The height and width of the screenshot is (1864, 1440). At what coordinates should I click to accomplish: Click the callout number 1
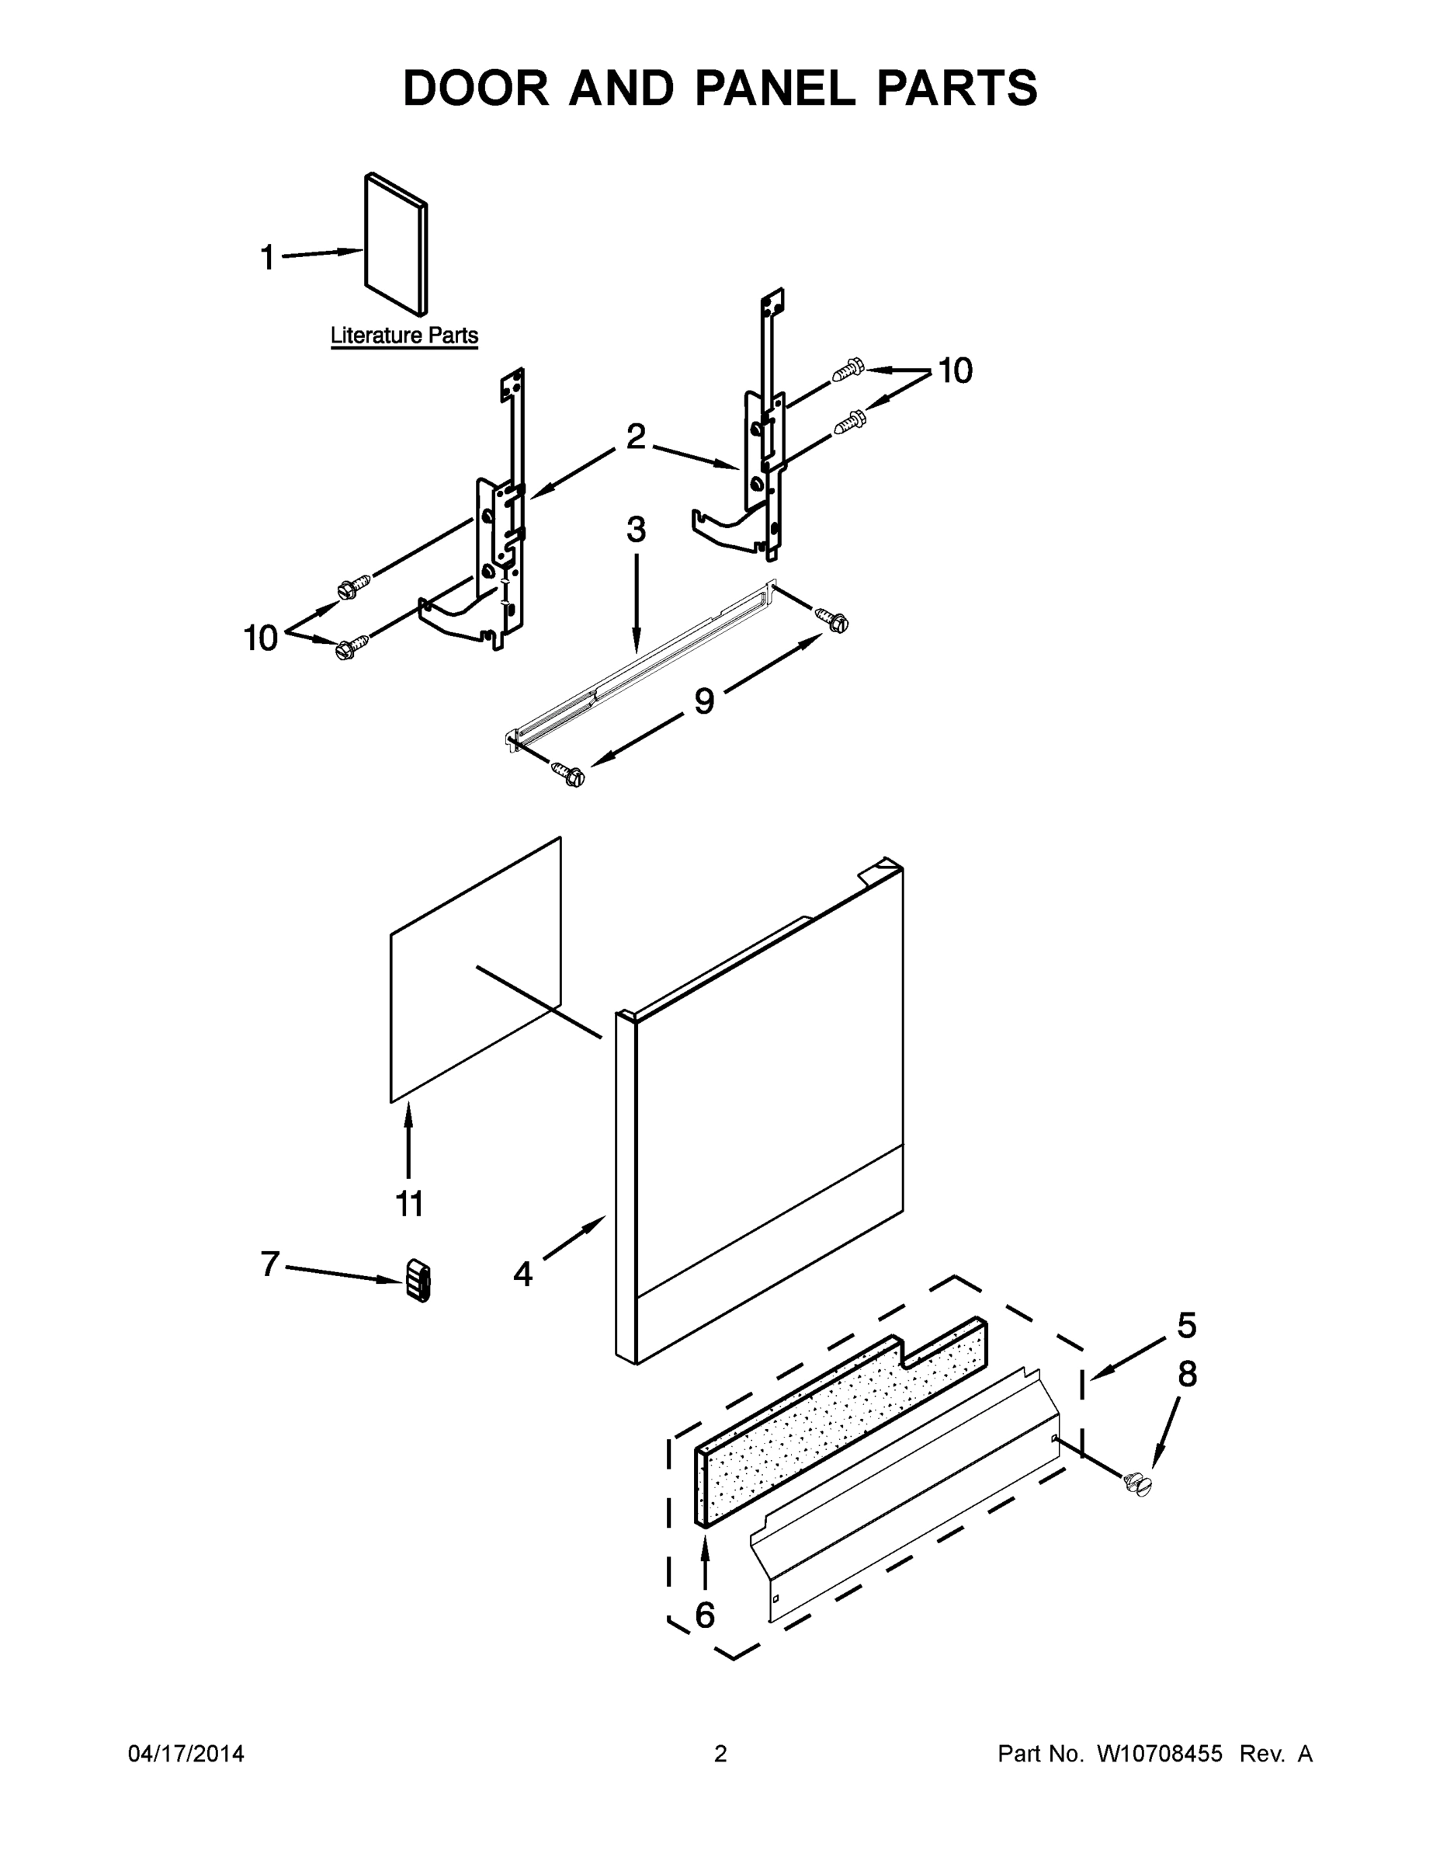pyautogui.click(x=267, y=257)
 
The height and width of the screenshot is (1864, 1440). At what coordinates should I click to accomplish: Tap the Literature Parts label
pyautogui.click(x=404, y=336)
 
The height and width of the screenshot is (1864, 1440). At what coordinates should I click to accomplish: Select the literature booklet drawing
pyautogui.click(x=396, y=245)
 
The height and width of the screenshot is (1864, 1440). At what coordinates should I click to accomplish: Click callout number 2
pyautogui.click(x=636, y=437)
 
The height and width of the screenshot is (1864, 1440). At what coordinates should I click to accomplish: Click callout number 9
pyautogui.click(x=704, y=701)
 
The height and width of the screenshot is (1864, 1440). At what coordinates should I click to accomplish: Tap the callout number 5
pyautogui.click(x=1187, y=1326)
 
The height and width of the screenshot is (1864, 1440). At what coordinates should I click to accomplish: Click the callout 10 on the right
pyautogui.click(x=956, y=370)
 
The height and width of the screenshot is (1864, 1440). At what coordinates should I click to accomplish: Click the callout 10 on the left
pyautogui.click(x=261, y=638)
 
